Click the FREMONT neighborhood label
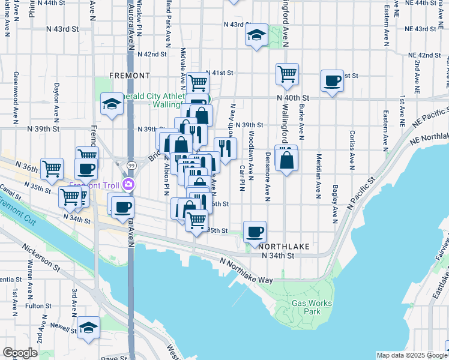(130, 76)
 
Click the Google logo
(19, 353)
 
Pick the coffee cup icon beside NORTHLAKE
(255, 231)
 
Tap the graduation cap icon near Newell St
(88, 328)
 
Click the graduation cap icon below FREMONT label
(112, 104)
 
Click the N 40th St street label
(293, 97)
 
